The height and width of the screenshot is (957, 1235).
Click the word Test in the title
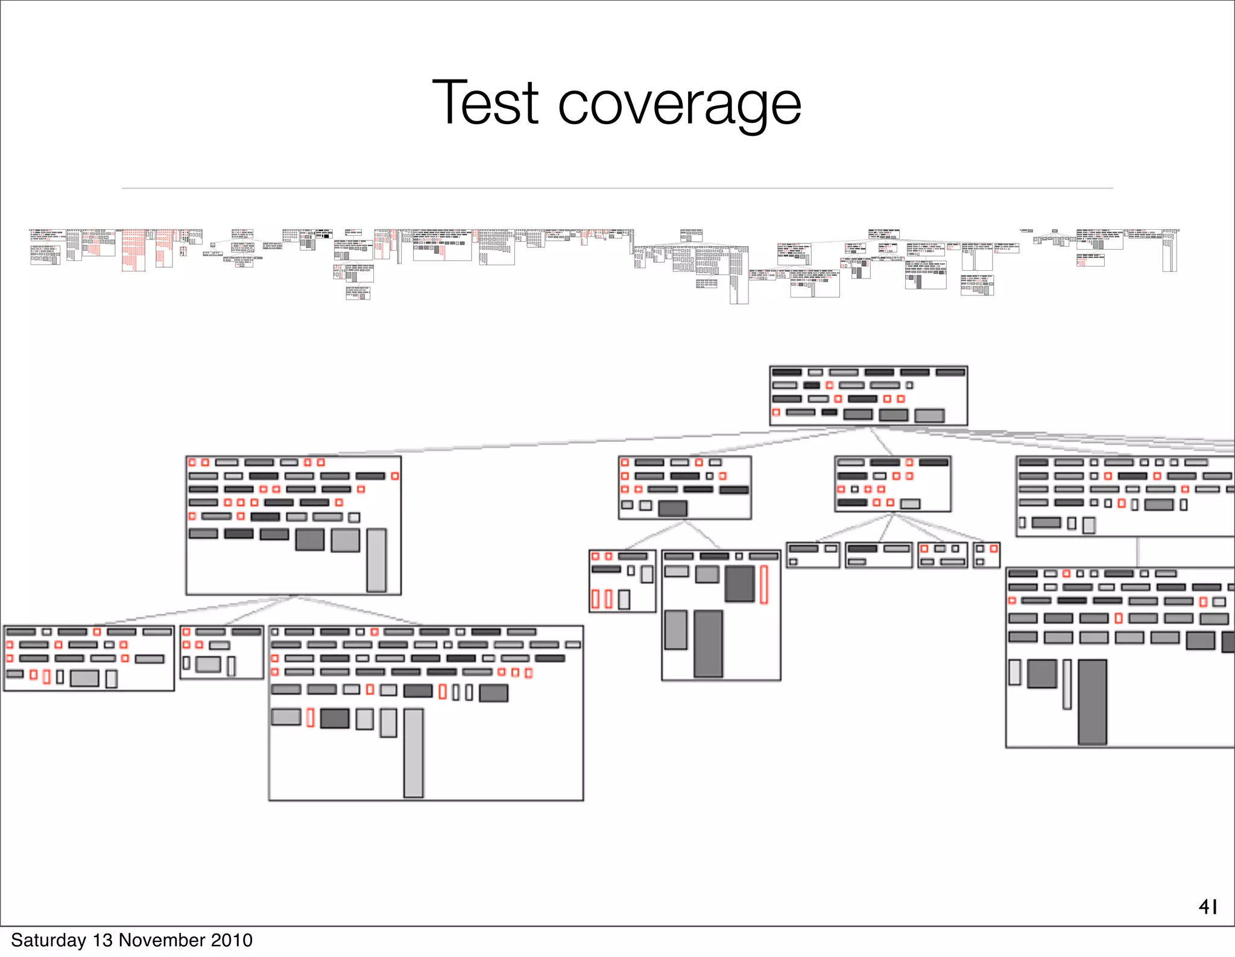coord(485,103)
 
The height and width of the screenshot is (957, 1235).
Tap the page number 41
coord(1208,906)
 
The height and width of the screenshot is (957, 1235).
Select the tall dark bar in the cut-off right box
coord(1092,702)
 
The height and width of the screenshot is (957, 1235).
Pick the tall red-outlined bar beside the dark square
coord(763,584)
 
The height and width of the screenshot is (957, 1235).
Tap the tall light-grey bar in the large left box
coord(376,560)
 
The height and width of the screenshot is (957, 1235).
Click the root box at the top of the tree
coord(868,396)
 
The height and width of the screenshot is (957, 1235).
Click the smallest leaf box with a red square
coord(987,555)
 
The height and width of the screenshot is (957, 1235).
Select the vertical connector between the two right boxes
coord(1137,552)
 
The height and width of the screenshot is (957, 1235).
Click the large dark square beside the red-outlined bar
coord(739,584)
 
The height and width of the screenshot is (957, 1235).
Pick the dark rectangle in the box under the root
coord(672,508)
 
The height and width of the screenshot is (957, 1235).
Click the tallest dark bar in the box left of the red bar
coord(708,643)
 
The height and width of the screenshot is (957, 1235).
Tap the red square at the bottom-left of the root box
coord(776,412)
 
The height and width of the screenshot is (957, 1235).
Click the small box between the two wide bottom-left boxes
coord(222,652)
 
